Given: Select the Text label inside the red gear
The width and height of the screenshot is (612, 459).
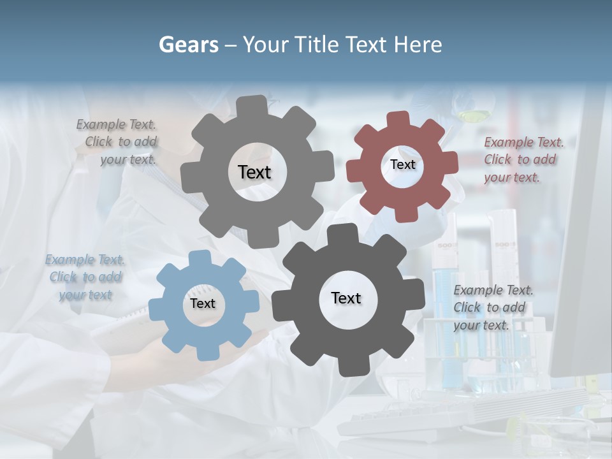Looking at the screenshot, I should click(402, 164).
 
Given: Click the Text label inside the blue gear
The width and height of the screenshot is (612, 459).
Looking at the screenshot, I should click(203, 303).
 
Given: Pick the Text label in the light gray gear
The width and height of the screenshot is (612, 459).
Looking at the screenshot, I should click(254, 172).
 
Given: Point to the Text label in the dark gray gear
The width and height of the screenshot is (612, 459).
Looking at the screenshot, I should click(346, 298).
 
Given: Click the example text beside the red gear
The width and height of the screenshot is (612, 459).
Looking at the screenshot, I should click(523, 159).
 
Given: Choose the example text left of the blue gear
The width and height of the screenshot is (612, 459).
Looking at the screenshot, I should click(85, 277).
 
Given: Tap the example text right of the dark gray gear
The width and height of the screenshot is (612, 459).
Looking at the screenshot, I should click(493, 307).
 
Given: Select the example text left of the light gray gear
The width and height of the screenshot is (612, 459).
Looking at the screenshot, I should click(117, 142).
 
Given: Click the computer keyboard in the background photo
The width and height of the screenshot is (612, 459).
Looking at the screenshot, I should click(408, 418).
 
